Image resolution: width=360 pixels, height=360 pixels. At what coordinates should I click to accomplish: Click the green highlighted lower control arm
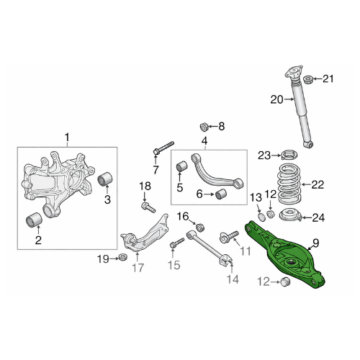283,254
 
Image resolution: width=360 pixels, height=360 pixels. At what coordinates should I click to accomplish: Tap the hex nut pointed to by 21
308,80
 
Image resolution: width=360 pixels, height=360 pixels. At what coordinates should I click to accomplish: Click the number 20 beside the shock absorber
276,99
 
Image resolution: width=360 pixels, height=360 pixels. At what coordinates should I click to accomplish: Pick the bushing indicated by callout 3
105,179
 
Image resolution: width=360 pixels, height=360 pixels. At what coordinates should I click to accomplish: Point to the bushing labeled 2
34,220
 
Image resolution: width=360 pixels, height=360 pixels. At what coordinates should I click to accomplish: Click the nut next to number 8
204,127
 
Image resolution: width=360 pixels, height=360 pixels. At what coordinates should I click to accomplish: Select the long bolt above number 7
163,148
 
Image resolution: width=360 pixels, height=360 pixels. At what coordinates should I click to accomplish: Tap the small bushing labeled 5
182,166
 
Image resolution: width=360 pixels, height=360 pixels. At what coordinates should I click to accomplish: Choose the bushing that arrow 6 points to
221,194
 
